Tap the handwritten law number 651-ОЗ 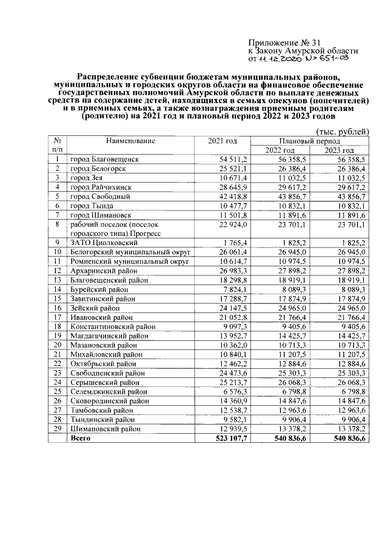coord(328,60)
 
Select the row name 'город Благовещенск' coord(104,159)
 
